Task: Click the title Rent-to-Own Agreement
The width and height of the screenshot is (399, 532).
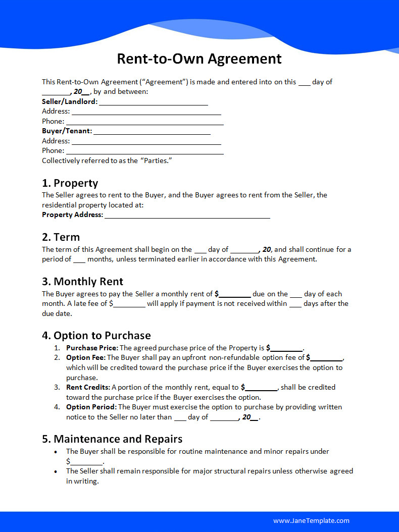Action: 199,59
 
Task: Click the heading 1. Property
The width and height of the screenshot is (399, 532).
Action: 70,183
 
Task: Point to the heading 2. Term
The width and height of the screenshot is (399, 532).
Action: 61,237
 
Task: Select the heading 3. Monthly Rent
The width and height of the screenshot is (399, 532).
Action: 82,281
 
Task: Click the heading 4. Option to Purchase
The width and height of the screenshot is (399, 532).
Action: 96,335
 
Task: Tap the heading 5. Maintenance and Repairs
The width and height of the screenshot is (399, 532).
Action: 112,439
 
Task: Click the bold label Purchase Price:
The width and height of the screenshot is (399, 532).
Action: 92,348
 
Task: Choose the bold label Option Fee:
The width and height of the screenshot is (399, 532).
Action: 85,357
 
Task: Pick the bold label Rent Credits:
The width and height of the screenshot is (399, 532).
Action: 88,387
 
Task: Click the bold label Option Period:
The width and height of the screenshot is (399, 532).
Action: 91,407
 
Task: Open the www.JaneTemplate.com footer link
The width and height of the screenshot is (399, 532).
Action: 311,520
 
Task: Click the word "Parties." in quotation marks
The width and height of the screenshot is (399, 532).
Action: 157,161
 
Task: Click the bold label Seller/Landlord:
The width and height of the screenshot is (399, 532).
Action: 70,101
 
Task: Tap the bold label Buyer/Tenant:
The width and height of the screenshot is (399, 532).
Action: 67,131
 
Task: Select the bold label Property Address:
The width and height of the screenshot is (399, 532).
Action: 72,215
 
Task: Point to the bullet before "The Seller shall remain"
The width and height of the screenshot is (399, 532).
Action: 56,471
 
